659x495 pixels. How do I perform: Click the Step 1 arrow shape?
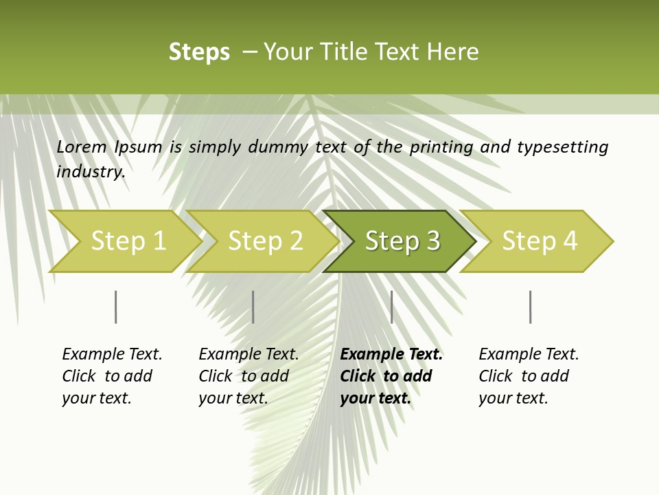pyautogui.click(x=128, y=241)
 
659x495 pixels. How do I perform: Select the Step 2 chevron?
pyautogui.click(x=265, y=241)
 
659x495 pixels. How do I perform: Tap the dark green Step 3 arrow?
pyautogui.click(x=402, y=241)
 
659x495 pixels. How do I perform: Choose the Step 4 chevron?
pyautogui.click(x=540, y=241)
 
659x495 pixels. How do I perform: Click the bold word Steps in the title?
pyautogui.click(x=199, y=52)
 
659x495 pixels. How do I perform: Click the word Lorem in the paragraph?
pyautogui.click(x=81, y=146)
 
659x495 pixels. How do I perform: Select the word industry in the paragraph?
pyautogui.click(x=91, y=171)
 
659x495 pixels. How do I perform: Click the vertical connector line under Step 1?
pyautogui.click(x=116, y=307)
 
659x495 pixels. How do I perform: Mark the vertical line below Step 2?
pyautogui.click(x=253, y=307)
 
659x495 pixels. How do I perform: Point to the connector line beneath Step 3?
pyautogui.click(x=391, y=307)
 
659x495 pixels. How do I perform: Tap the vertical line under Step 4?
pyautogui.click(x=531, y=307)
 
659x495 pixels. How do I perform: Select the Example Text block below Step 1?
pyautogui.click(x=112, y=376)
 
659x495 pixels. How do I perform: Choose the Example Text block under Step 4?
pyautogui.click(x=529, y=376)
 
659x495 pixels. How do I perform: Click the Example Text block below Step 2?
pyautogui.click(x=248, y=376)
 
